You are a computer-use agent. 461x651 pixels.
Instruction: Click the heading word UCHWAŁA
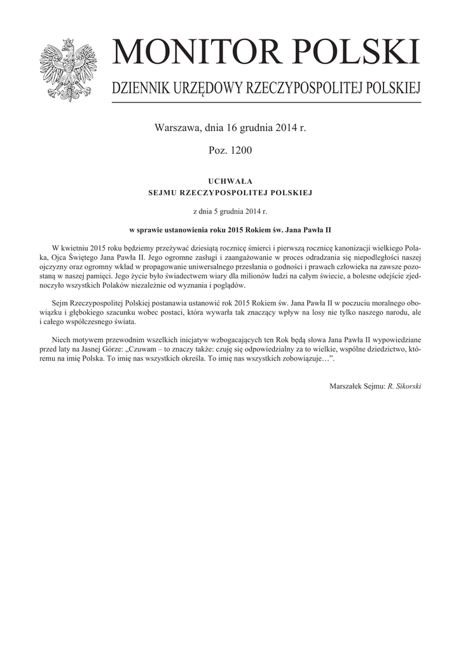(x=230, y=181)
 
